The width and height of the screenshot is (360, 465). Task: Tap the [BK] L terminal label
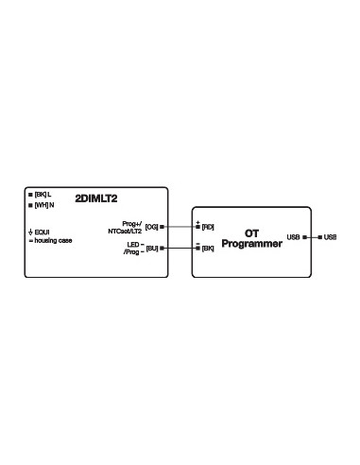click(x=43, y=195)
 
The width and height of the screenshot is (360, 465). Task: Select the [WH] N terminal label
click(x=43, y=205)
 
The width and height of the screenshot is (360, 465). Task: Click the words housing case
click(x=53, y=241)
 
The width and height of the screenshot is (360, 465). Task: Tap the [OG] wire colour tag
click(x=152, y=228)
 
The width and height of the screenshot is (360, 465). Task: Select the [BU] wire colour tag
click(x=152, y=249)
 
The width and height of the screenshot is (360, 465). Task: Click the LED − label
click(x=134, y=243)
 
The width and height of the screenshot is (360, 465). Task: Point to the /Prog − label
click(x=132, y=252)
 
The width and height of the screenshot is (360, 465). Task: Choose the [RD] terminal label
click(x=208, y=228)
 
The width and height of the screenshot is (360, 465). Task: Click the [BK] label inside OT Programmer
click(x=208, y=249)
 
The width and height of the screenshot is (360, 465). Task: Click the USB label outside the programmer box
click(x=330, y=237)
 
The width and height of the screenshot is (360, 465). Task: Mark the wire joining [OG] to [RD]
click(x=180, y=228)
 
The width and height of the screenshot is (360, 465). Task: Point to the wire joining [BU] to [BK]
click(x=180, y=249)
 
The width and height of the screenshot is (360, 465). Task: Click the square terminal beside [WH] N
click(x=30, y=205)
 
